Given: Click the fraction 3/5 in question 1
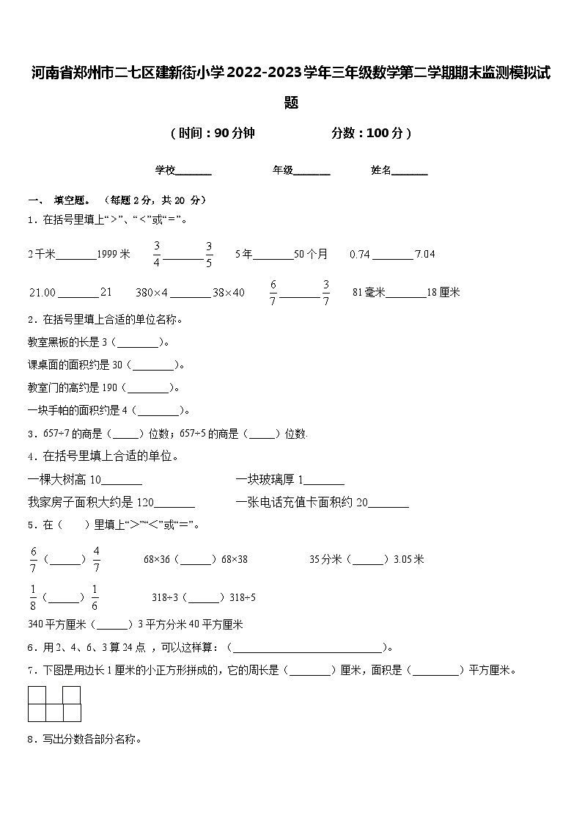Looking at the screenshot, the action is click(x=209, y=254).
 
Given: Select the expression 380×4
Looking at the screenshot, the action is click(x=152, y=292).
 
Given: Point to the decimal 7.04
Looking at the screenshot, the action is click(x=425, y=254).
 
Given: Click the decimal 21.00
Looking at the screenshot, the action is click(x=43, y=292).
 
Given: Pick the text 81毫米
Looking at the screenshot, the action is click(x=369, y=292).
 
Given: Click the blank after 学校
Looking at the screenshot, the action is click(x=194, y=171).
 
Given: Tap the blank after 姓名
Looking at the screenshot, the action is click(x=410, y=171).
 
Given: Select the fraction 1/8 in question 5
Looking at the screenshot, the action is click(x=33, y=597).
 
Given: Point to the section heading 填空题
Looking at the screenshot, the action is click(x=72, y=200).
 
